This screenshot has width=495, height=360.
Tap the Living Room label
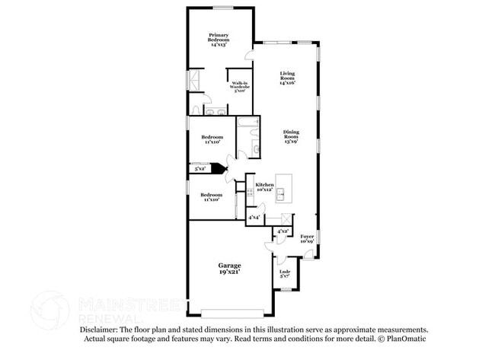click(x=287, y=77)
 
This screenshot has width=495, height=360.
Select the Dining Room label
click(x=291, y=135)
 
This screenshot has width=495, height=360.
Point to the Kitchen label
click(x=264, y=187)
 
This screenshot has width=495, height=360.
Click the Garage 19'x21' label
click(x=229, y=268)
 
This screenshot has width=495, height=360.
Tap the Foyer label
click(x=307, y=239)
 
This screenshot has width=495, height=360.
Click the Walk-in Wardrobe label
click(x=239, y=86)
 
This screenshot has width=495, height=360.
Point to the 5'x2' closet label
click(x=200, y=169)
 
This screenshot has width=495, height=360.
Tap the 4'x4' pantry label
click(x=254, y=218)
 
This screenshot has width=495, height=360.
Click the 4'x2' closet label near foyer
click(x=282, y=231)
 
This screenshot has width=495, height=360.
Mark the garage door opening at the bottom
click(x=232, y=311)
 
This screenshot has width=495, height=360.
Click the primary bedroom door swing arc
click(x=247, y=56)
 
